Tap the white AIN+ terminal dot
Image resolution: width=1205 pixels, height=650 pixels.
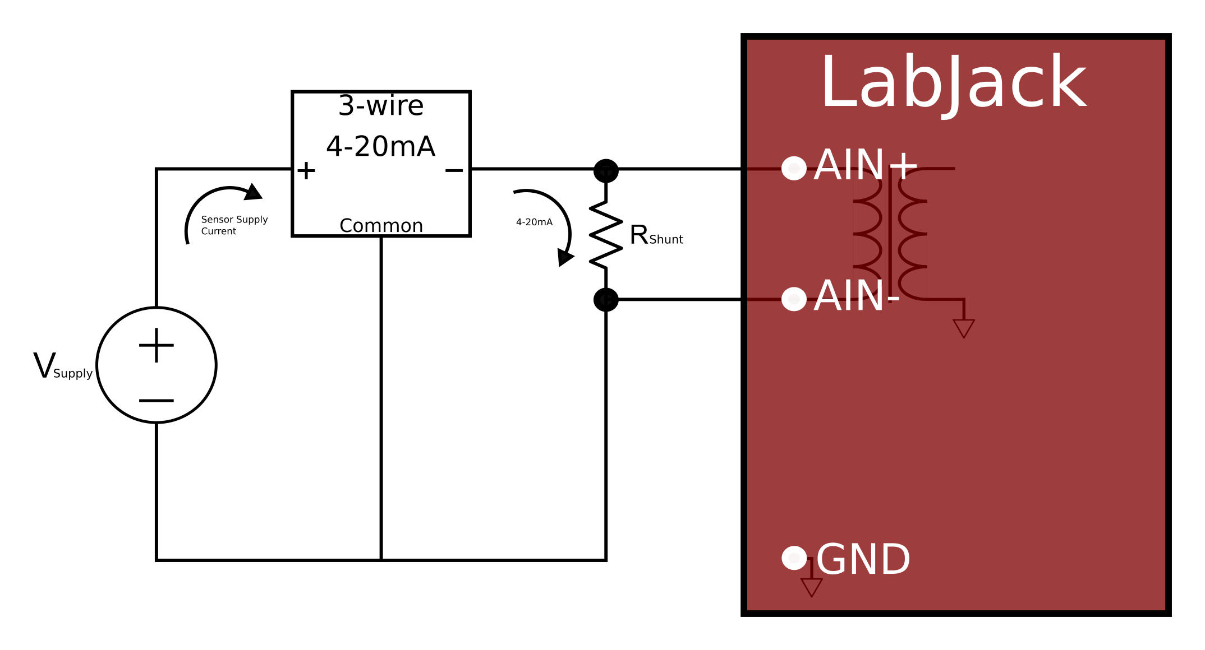point(794,168)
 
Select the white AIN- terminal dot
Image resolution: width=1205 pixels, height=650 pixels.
point(794,299)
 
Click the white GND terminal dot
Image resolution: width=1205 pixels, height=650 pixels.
point(794,558)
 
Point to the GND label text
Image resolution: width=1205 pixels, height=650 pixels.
point(863,560)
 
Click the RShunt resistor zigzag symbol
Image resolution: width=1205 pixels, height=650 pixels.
point(606,234)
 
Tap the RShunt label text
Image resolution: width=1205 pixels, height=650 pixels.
point(656,235)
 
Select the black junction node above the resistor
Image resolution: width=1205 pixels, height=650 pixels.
point(606,170)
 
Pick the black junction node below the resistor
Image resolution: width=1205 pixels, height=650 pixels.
point(606,300)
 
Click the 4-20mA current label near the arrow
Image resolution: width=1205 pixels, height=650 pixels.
point(534,222)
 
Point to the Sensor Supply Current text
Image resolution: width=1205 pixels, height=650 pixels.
point(234,225)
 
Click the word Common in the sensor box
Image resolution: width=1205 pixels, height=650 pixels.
point(381,226)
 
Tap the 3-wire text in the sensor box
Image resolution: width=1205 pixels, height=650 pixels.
point(381,106)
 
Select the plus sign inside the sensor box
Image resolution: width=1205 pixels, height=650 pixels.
point(306,171)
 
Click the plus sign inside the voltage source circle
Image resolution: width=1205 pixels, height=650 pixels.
point(157,345)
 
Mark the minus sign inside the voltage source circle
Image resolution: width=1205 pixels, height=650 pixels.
point(157,401)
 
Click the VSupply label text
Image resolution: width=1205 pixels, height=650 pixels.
point(62,368)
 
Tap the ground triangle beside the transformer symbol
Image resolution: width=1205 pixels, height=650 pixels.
point(964,328)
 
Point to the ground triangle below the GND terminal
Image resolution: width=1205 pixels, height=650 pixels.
point(811,587)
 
